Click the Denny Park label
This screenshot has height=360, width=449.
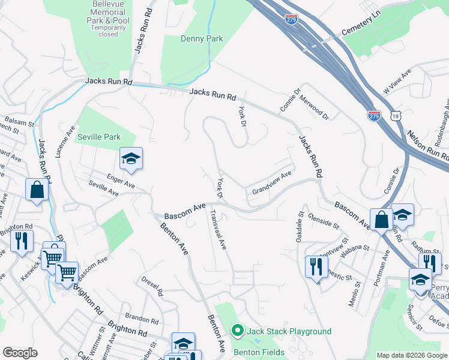[202, 39]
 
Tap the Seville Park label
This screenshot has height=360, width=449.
[99, 137]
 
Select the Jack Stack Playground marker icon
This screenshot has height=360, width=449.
[237, 331]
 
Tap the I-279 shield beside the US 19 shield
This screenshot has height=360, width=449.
[374, 116]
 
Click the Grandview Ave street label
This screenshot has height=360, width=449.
[271, 182]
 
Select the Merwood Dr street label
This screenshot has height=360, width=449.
[314, 107]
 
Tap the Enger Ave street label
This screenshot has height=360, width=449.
[121, 181]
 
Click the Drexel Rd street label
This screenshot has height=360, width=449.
[152, 287]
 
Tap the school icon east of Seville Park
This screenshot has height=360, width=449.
[131, 159]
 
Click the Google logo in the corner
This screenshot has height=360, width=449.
[20, 353]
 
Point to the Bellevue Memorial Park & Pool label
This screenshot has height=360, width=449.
[108, 19]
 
